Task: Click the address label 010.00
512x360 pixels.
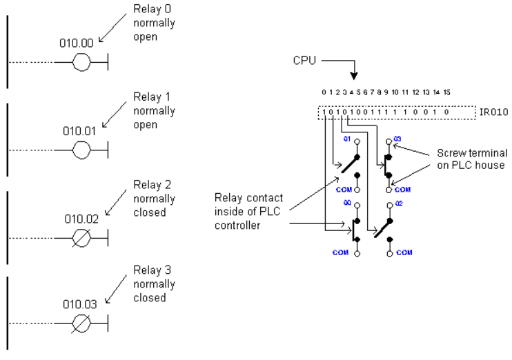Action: click(x=77, y=43)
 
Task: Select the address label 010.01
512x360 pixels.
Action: click(x=79, y=131)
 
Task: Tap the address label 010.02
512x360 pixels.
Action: click(x=81, y=219)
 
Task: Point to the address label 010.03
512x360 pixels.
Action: click(x=80, y=305)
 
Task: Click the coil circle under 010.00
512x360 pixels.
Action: click(x=81, y=62)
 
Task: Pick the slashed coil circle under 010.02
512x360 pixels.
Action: click(x=81, y=238)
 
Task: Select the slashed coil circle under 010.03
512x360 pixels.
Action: click(x=81, y=323)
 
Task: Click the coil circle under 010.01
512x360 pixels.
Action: click(x=81, y=150)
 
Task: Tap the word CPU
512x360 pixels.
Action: click(x=305, y=61)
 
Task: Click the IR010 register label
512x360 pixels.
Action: click(x=494, y=112)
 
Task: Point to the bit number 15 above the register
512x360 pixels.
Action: click(x=446, y=92)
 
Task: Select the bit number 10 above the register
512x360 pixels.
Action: click(x=395, y=92)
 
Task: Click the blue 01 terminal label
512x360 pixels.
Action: click(x=347, y=139)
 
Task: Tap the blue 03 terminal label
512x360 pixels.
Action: click(x=397, y=139)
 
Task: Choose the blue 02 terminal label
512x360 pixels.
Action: click(x=399, y=203)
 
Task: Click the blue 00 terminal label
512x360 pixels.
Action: click(x=347, y=203)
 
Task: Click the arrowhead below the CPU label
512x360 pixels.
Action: click(x=354, y=76)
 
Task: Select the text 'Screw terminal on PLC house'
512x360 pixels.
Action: click(x=472, y=159)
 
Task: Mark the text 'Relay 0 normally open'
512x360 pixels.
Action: click(x=154, y=23)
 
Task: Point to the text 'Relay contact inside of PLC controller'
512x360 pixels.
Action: click(x=248, y=212)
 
